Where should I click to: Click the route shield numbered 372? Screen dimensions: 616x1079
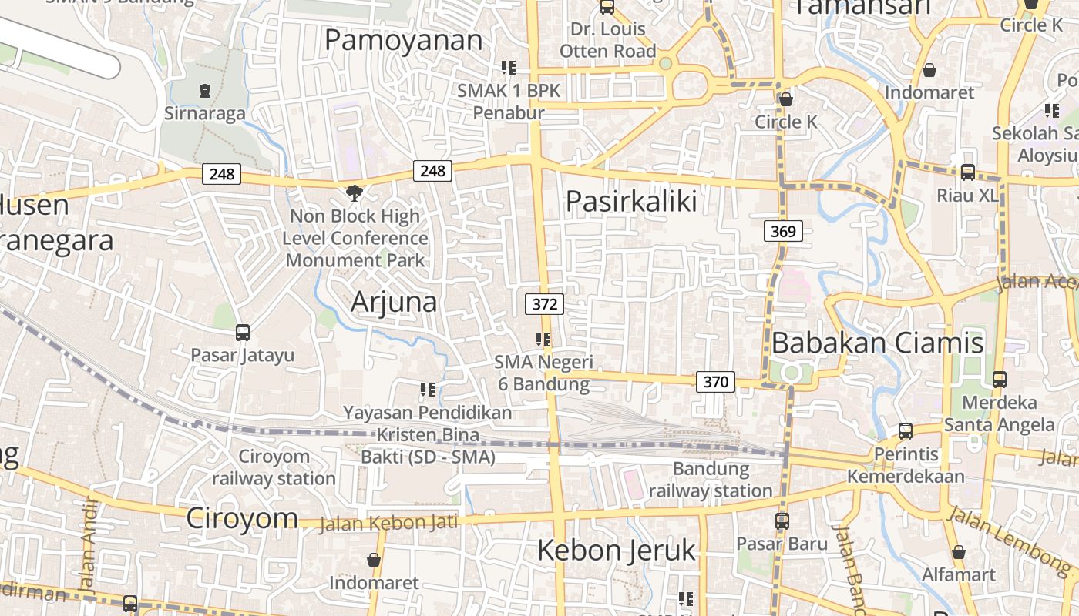pyautogui.click(x=544, y=304)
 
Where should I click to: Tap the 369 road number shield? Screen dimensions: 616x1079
pyautogui.click(x=784, y=230)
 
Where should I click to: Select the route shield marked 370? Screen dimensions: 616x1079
pyautogui.click(x=715, y=381)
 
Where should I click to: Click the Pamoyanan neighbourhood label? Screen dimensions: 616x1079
pyautogui.click(x=403, y=40)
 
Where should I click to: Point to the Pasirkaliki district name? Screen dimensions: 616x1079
pyautogui.click(x=631, y=201)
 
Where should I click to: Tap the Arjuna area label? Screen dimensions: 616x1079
pyautogui.click(x=394, y=302)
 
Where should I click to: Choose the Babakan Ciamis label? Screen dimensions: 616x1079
pyautogui.click(x=877, y=343)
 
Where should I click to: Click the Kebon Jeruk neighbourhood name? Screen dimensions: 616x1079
pyautogui.click(x=616, y=551)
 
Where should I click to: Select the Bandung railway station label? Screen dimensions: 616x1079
pyautogui.click(x=711, y=480)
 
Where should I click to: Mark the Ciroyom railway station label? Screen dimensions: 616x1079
pyautogui.click(x=274, y=467)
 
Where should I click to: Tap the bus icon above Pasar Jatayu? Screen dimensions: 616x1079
pyautogui.click(x=243, y=333)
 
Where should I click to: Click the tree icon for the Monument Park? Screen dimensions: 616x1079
pyautogui.click(x=355, y=192)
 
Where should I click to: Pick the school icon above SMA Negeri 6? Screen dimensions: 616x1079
pyautogui.click(x=543, y=340)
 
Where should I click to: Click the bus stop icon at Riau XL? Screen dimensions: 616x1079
pyautogui.click(x=967, y=172)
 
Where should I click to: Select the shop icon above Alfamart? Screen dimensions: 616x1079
pyautogui.click(x=959, y=552)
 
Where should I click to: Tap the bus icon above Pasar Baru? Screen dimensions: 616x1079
pyautogui.click(x=782, y=521)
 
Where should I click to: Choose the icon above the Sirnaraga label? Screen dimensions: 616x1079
pyautogui.click(x=204, y=92)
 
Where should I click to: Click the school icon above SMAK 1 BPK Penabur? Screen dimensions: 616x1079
pyautogui.click(x=509, y=68)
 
